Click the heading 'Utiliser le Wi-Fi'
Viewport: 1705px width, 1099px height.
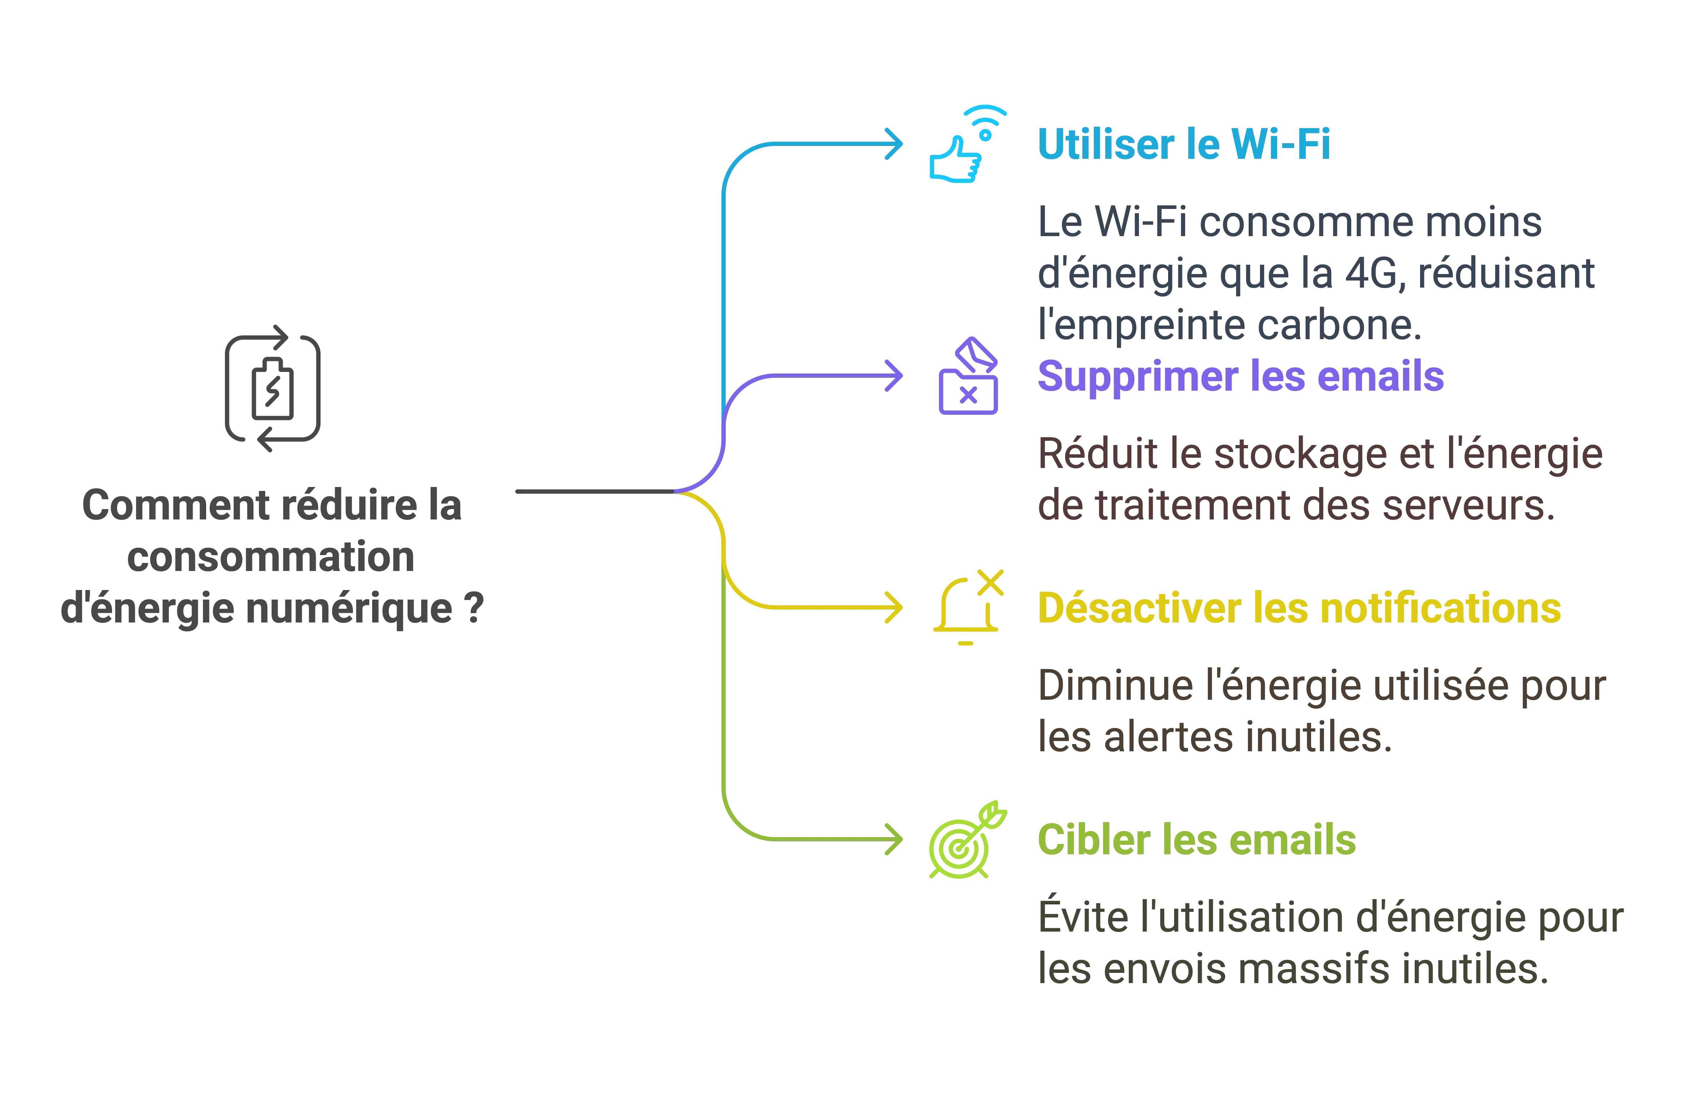coord(1184,145)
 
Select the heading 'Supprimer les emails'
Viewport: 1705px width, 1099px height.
coord(1240,377)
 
